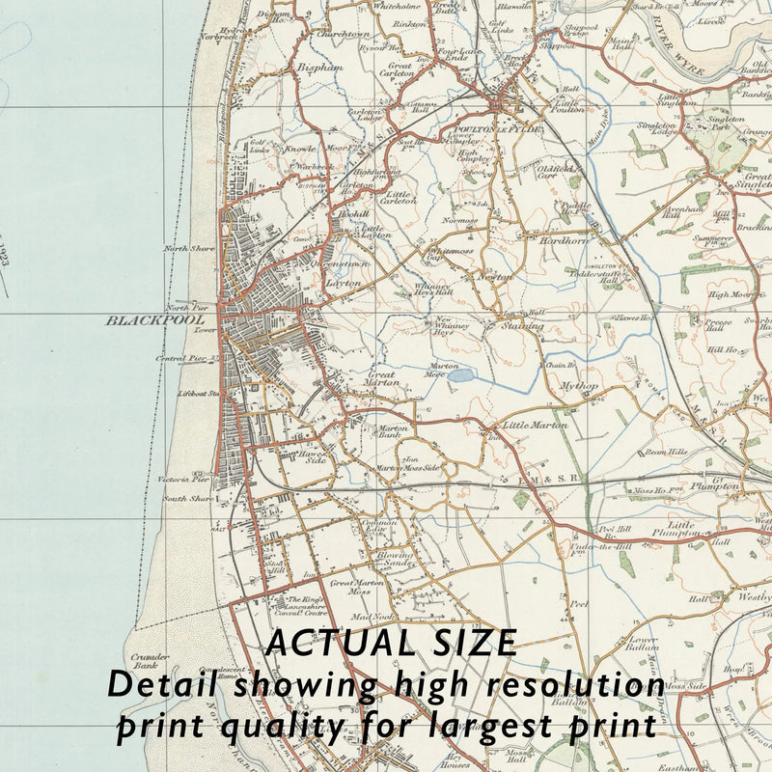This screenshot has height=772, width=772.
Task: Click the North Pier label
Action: tap(187, 307)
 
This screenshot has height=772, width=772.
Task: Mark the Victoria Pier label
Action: tap(185, 479)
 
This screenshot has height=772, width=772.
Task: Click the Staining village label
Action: tap(522, 326)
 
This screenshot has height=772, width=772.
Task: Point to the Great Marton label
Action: tap(381, 378)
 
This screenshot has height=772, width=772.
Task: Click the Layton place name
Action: tap(343, 284)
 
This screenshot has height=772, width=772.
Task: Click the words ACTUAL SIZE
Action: tap(392, 643)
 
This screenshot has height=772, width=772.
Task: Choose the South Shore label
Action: tap(187, 499)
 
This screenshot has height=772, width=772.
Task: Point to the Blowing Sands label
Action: tap(397, 560)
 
